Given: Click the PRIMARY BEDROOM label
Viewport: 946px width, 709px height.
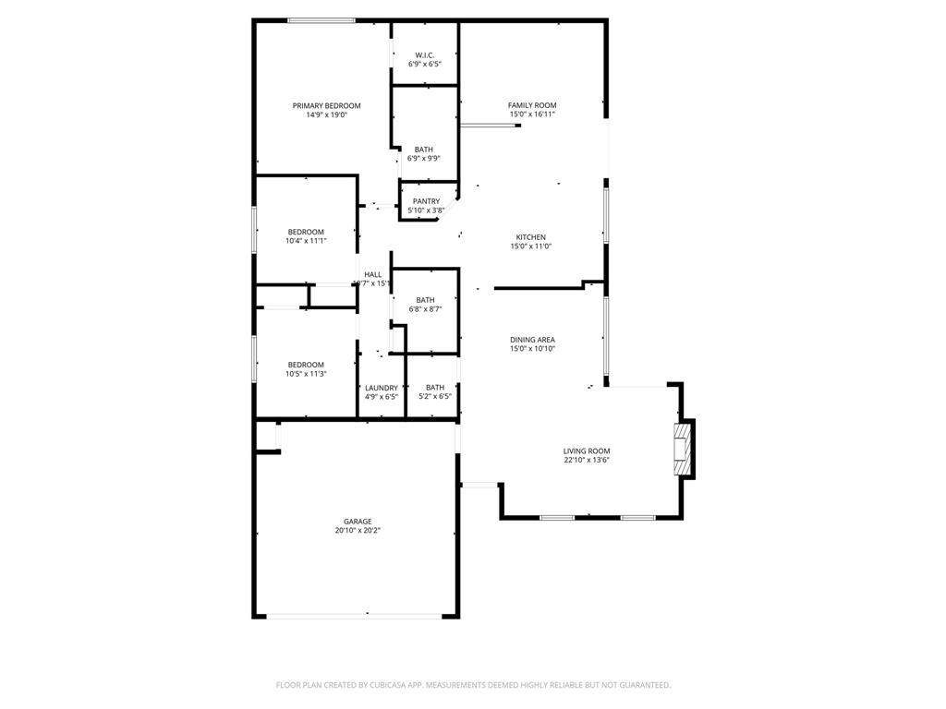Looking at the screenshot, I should click(326, 106).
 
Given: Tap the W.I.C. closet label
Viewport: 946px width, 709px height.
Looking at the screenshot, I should click(425, 55).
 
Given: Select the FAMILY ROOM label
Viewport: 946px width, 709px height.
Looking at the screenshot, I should click(532, 105).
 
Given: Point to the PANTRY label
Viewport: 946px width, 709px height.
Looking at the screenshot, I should click(426, 201).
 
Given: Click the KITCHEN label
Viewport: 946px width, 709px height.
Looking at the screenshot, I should click(531, 237).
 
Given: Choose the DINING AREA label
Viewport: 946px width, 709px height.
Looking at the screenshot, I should click(532, 340).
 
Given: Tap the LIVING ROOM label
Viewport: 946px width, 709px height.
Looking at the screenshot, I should click(587, 451).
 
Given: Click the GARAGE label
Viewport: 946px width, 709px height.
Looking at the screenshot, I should click(357, 522).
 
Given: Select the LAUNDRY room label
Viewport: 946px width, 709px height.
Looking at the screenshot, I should click(382, 388).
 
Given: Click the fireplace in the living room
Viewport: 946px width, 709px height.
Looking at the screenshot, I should click(683, 450).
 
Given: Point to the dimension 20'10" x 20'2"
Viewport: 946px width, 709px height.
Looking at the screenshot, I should click(357, 531).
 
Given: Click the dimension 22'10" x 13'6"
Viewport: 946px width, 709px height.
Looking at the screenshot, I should click(587, 460).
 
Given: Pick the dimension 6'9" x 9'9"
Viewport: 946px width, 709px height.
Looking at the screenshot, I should click(424, 158).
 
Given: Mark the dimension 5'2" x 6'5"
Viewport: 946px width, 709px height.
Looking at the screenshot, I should click(434, 397).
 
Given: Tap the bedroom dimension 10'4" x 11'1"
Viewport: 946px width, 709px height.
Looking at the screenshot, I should click(306, 241).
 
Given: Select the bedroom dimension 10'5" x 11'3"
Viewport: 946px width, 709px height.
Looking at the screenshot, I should click(306, 374).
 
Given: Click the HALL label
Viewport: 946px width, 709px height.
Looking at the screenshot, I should click(373, 274).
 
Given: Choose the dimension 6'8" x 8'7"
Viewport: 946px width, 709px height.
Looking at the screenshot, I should click(425, 309).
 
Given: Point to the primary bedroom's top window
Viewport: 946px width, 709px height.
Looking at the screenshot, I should click(321, 20).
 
